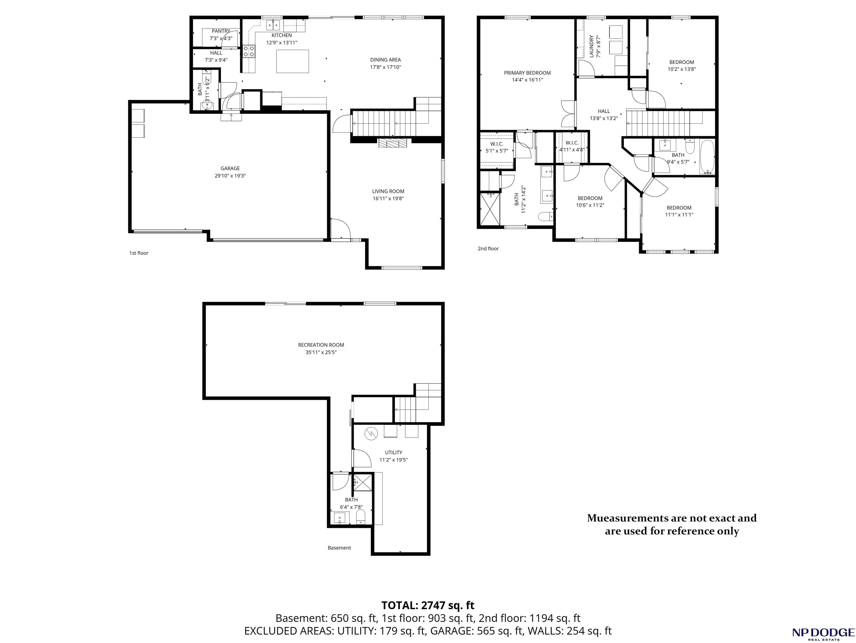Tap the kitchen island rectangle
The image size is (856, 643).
(293, 61)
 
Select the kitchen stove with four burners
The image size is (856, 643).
(249, 52)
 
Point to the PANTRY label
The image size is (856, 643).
(221, 31)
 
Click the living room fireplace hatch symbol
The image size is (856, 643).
(393, 143)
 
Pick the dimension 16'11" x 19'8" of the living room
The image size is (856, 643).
(388, 199)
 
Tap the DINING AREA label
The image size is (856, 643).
(385, 60)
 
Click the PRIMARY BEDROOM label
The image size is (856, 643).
(527, 73)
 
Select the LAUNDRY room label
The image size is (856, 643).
(591, 47)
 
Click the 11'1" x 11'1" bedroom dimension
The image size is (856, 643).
(679, 215)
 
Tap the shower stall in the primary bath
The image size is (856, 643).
(490, 209)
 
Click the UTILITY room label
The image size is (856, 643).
(394, 452)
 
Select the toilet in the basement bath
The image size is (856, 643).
(361, 516)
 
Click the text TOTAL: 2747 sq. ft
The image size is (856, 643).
(428, 605)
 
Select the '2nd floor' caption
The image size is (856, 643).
(488, 249)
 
